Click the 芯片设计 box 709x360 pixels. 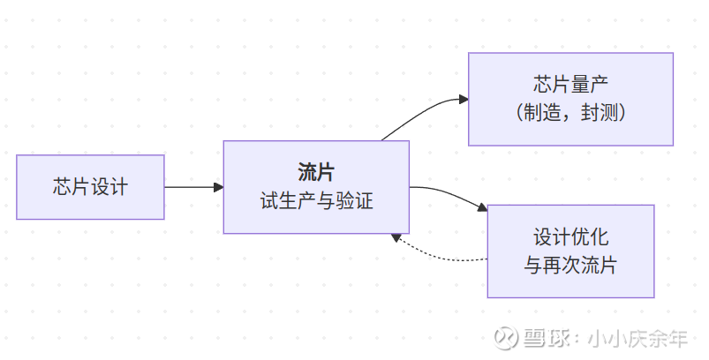(x=90, y=187)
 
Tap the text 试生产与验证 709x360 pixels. (x=315, y=201)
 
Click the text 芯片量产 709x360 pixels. (x=570, y=86)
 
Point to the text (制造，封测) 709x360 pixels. (x=570, y=113)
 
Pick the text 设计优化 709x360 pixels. (x=570, y=237)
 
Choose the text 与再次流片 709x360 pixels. (x=570, y=265)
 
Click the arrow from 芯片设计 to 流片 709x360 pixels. (x=190, y=187)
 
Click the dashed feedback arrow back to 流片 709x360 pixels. (x=441, y=258)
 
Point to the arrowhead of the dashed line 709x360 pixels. (x=397, y=238)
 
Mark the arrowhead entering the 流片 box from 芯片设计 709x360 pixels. (x=218, y=187)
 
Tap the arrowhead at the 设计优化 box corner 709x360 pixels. (x=482, y=208)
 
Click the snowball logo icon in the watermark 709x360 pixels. (x=505, y=339)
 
